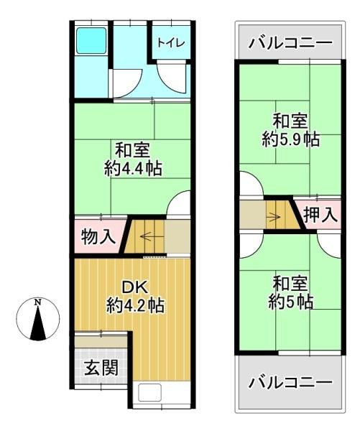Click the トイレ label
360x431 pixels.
point(172,42)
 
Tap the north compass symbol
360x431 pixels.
point(38,320)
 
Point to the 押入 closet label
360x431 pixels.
point(319,213)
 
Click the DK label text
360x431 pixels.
point(134,287)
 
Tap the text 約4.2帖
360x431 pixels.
point(134,305)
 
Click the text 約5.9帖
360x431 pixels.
point(290,139)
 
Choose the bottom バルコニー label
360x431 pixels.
point(290,382)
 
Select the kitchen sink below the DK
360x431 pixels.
point(152,393)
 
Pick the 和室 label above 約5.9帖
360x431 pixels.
point(290,121)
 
